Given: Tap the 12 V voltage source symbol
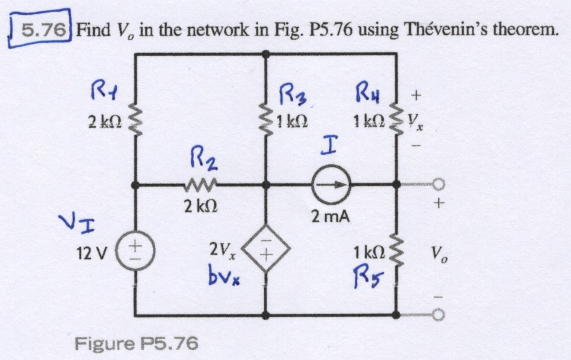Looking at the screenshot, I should pos(136,251).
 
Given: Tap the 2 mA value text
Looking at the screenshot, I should pos(331,215).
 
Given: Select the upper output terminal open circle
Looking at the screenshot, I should pos(439,185).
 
